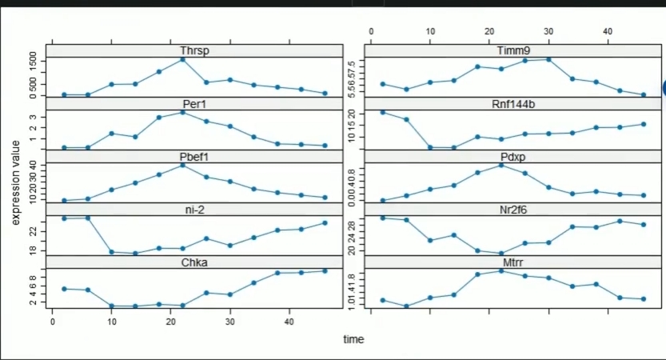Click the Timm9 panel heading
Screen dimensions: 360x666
click(x=509, y=52)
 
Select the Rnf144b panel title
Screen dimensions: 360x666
click(x=509, y=104)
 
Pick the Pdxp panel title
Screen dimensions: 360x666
click(x=509, y=156)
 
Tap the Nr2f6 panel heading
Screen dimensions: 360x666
click(x=509, y=210)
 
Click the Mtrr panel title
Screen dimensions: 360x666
click(x=509, y=262)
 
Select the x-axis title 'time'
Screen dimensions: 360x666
click(x=353, y=339)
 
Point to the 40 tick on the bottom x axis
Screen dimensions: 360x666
click(x=289, y=322)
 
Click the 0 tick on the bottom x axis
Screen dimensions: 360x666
click(x=53, y=322)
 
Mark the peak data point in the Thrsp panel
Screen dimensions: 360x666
click(x=183, y=59)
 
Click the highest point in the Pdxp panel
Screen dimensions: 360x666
click(x=501, y=165)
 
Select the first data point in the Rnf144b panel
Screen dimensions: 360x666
click(x=383, y=112)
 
